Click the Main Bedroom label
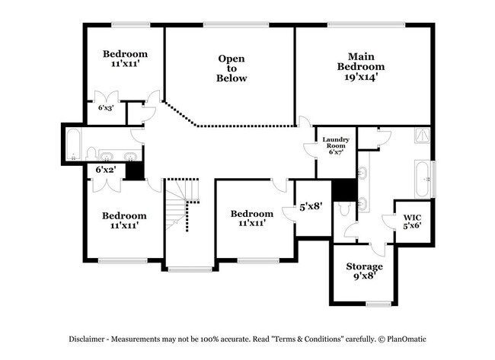coord(361,66)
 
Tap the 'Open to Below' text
coord(232,68)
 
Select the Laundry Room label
coord(335,145)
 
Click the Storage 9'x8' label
coord(364,272)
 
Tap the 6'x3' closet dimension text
coord(106,108)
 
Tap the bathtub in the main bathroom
coord(422,179)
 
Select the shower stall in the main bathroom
coord(421,137)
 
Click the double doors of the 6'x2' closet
coord(104,186)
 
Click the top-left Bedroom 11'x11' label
coord(125,59)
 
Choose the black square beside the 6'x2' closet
coord(134,170)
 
